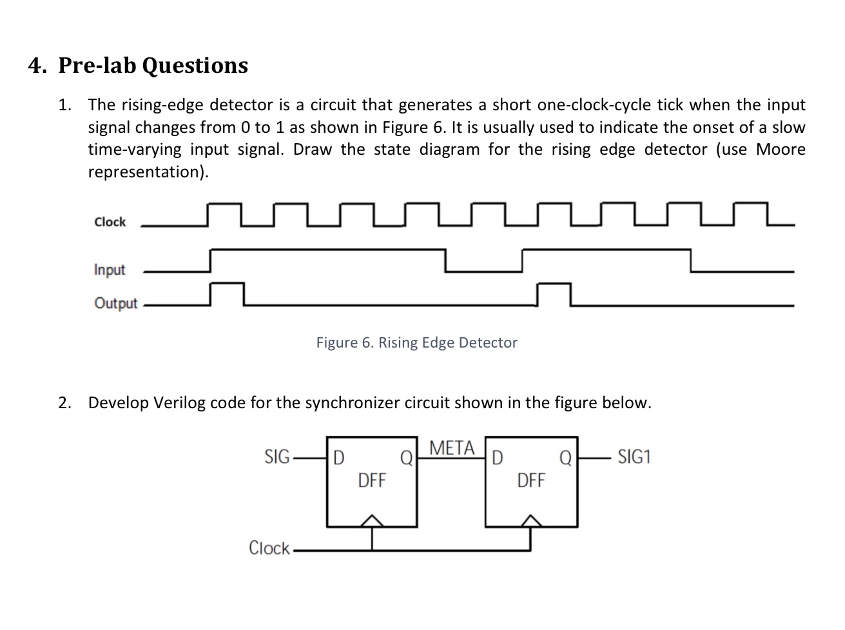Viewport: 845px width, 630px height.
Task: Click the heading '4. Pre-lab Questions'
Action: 138,65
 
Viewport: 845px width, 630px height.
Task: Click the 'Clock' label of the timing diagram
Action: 110,222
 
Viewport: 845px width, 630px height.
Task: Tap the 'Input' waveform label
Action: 110,270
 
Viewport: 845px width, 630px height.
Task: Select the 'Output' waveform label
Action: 116,303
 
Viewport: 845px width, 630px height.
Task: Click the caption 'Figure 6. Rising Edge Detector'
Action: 416,342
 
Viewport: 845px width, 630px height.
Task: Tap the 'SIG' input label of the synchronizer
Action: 277,457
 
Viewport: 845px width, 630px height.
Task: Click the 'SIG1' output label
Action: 634,457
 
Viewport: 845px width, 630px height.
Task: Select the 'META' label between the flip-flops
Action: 451,448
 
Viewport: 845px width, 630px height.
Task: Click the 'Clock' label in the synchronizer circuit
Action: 269,548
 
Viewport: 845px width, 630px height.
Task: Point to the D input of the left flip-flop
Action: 338,458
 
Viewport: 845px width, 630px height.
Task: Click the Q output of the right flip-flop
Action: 565,458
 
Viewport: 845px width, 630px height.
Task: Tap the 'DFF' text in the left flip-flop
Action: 371,480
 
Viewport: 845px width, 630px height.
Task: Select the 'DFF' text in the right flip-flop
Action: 530,480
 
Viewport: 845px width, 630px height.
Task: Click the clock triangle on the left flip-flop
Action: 371,521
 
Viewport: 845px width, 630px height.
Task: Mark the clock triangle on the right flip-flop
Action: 530,521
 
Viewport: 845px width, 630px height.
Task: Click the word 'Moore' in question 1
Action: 781,150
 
